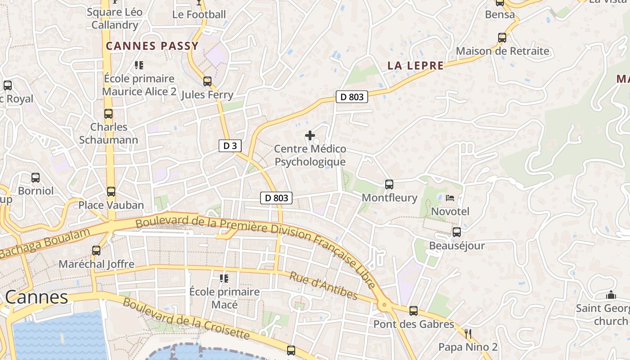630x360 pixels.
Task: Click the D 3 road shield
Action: pos(230,145)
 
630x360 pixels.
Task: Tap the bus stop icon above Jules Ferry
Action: pos(207,81)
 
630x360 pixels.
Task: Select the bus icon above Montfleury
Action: pos(389,184)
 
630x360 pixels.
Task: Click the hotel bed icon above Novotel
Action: pos(450,198)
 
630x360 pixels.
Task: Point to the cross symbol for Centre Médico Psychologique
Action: pos(310,135)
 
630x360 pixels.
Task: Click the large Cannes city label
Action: pos(37,297)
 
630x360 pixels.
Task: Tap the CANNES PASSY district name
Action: pos(152,46)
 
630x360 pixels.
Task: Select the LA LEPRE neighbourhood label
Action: pos(415,66)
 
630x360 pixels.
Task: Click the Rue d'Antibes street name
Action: pos(323,286)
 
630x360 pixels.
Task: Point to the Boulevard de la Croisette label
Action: pos(186,319)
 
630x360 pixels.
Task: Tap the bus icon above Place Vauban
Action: pos(111,192)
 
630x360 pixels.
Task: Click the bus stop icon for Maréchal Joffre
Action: pos(96,251)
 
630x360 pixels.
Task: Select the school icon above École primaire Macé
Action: pos(224,278)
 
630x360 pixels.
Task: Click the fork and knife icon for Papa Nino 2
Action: pos(468,333)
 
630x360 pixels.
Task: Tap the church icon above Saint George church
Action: pos(611,295)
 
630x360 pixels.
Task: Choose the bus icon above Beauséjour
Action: pos(457,232)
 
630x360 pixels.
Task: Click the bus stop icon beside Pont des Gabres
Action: pos(414,310)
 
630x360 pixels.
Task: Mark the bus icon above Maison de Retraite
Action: pos(502,38)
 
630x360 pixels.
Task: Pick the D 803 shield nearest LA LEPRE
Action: pos(352,96)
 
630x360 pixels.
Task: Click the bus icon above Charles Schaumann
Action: pos(108,114)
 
